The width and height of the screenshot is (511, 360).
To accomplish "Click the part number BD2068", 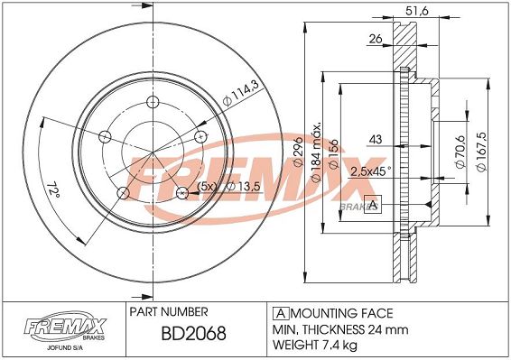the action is [193, 333].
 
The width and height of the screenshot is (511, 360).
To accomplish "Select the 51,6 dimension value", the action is [417, 11].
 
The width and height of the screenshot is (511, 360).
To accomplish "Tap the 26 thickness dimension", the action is [376, 39].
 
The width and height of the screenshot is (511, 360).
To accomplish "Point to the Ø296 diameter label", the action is [298, 152].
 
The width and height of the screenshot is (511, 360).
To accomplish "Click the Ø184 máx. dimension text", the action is [317, 152].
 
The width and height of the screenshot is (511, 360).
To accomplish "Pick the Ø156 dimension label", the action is [334, 154].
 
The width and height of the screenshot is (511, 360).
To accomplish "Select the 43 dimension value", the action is [376, 140].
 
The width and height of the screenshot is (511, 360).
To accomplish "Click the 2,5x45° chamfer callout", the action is [371, 171].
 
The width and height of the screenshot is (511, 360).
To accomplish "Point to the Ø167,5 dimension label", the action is [481, 152].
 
